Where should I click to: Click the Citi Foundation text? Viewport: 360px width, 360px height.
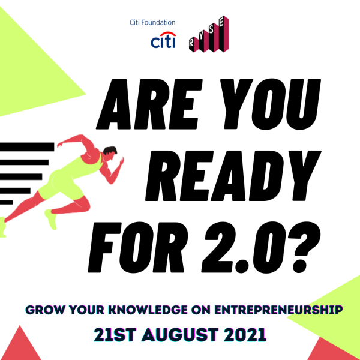coord(152,23)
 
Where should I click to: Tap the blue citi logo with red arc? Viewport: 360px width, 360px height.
coord(163,40)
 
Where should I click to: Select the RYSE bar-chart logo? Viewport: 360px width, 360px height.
coord(209,34)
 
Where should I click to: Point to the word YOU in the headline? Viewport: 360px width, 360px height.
coord(271,104)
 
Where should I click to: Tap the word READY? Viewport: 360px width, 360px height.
coord(233,176)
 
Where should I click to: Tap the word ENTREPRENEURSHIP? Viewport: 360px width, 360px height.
coord(278,310)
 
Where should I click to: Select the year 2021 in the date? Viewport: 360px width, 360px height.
coord(245,335)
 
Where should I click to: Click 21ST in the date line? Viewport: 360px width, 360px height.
coord(115,335)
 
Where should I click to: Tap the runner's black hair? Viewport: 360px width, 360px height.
coord(110,151)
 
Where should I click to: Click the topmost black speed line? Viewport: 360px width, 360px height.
coord(27,147)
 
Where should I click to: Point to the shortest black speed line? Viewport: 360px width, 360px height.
coord(6,202)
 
